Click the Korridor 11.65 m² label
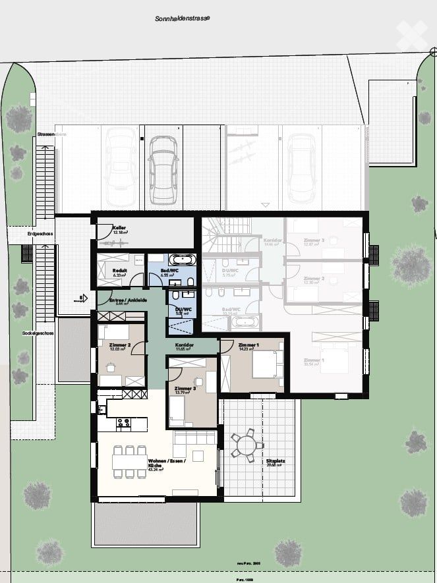(184, 347)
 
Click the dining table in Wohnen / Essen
(129, 462)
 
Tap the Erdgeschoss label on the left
(40, 234)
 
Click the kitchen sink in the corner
(103, 409)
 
